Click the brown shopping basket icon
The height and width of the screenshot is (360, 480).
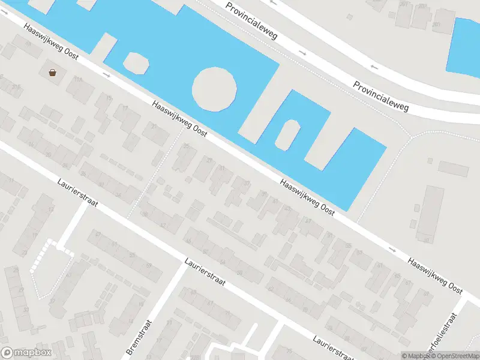(x=53, y=73)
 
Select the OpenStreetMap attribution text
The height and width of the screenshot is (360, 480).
(x=449, y=356)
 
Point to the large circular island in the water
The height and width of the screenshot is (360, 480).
(x=215, y=89)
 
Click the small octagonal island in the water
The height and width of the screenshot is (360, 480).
(x=136, y=62)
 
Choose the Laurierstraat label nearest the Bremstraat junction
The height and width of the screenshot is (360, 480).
(x=205, y=271)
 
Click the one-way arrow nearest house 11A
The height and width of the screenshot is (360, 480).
(x=107, y=74)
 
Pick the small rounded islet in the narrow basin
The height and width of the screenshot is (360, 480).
(x=287, y=134)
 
